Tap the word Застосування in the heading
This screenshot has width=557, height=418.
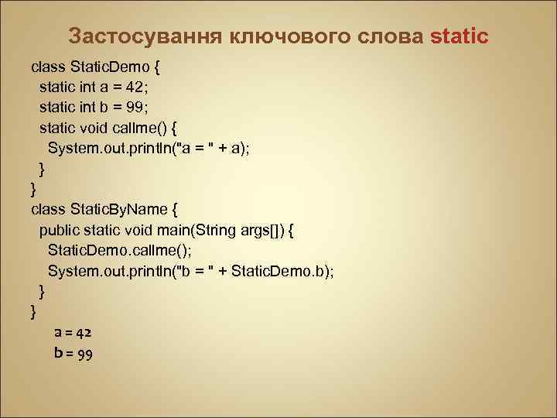[135, 36]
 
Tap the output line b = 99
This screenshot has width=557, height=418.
[73, 354]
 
